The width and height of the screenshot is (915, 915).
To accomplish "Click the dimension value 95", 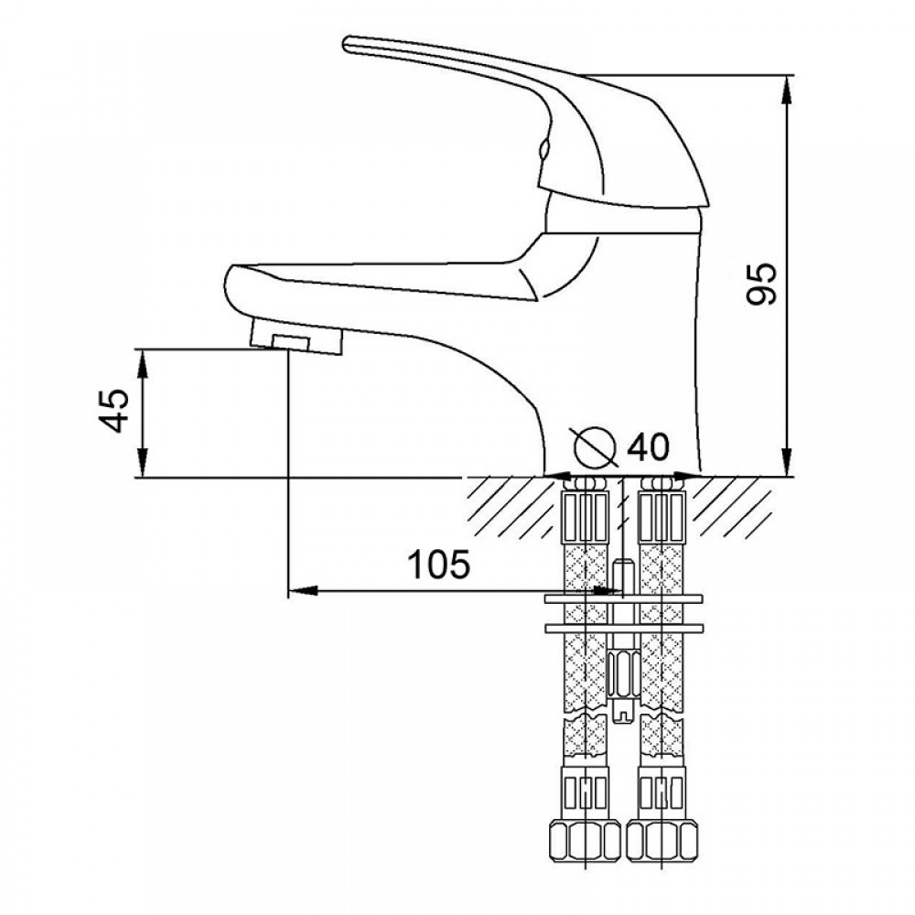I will point(762,284).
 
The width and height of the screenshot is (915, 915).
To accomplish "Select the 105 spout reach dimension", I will point(437,565).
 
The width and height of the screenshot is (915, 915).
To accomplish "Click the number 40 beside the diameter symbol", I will point(648,447).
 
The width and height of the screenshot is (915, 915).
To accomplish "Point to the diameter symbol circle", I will point(594,447).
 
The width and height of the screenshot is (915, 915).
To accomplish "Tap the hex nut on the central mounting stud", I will point(622,673).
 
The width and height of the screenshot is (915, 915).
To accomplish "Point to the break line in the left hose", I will point(587,710).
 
